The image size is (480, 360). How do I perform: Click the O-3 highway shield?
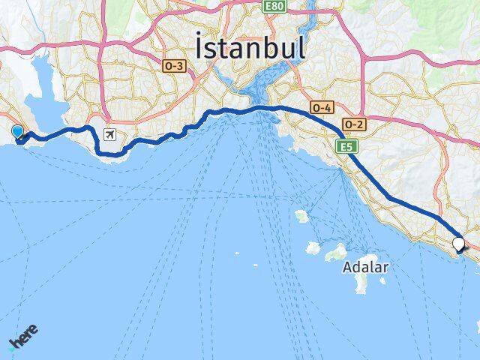(173, 66)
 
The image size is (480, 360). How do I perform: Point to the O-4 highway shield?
(322, 108)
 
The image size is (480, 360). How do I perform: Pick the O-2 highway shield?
(354, 124)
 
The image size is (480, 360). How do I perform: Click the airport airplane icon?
(111, 135)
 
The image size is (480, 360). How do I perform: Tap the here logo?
(23, 338)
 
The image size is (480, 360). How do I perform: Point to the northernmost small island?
(302, 217)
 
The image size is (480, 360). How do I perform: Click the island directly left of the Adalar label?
(335, 252)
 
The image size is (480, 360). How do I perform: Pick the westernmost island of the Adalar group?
(313, 247)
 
